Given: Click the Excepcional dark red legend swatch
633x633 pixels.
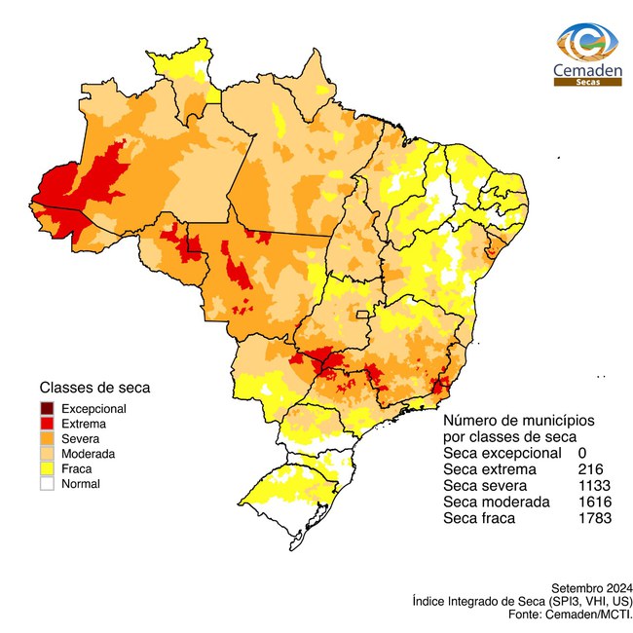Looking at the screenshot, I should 47,409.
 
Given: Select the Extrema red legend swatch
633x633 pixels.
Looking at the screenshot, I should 47,424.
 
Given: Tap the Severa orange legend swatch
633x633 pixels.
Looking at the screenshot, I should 47,439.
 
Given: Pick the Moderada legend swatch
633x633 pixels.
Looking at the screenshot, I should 47,454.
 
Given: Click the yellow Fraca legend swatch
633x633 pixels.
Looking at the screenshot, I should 47,468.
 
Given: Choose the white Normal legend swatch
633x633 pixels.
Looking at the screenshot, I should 47,483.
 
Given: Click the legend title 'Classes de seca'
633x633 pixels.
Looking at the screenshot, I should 94,387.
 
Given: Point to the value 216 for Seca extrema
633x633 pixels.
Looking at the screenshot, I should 589,469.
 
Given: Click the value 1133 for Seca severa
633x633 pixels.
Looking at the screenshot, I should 593,486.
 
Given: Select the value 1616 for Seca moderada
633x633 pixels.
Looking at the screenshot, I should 593,502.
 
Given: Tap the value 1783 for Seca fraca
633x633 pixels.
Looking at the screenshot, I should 593,518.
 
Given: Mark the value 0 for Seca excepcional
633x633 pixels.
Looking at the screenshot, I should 581,453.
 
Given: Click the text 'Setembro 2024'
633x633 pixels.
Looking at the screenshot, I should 592,588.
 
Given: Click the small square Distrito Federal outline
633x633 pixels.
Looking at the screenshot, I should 363,315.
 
